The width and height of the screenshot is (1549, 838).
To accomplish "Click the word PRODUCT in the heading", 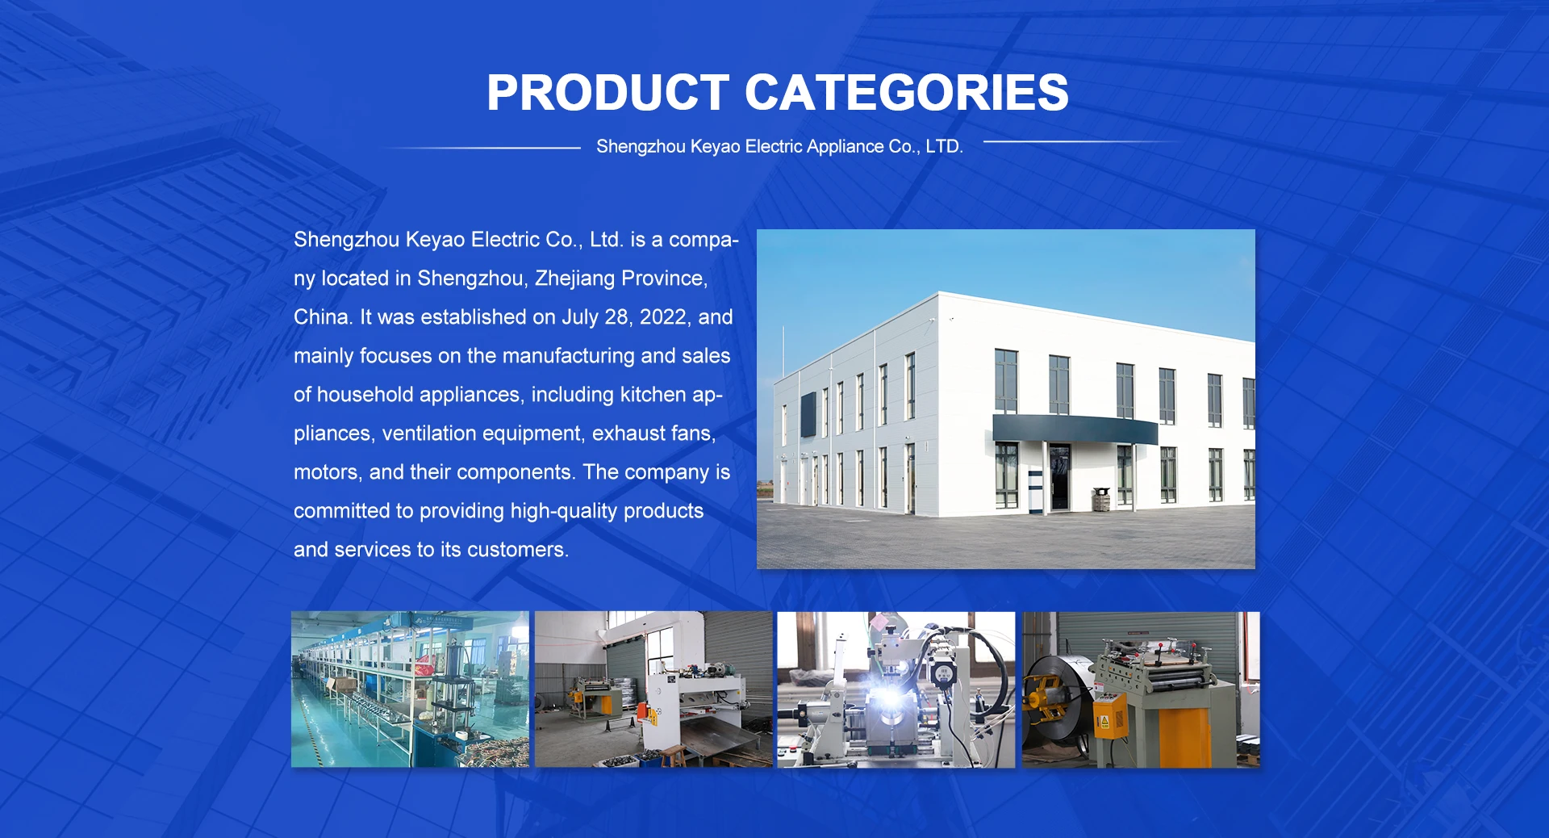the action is pos(608,92).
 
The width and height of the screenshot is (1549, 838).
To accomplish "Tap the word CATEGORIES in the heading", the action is pos(907,92).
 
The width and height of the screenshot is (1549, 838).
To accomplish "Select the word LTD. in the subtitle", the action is pos(944,146).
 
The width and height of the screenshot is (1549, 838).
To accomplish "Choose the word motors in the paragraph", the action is pos(328,473).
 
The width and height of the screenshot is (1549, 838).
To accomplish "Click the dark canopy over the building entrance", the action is pos(1074,429).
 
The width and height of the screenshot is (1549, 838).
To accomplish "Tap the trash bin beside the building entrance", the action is pos(1101,499).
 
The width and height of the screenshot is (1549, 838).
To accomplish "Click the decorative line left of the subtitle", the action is pos(484,148).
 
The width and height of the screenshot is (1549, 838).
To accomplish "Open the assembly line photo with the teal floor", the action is pos(410,689).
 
